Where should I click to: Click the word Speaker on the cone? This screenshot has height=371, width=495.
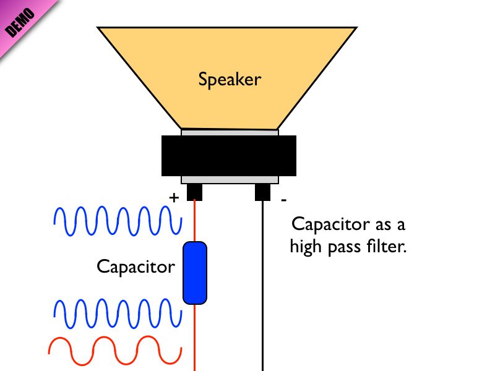[x=230, y=80]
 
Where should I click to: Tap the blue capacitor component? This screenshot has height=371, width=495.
[x=194, y=273]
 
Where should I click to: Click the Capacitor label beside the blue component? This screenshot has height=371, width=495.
[x=136, y=267]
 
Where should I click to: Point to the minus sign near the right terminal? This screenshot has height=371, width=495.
[x=284, y=200]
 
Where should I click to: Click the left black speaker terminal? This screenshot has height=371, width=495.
[x=194, y=192]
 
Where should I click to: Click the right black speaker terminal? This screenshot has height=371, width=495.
[x=263, y=192]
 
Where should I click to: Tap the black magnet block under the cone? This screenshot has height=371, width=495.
[x=228, y=156]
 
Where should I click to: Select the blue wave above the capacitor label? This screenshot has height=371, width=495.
[x=114, y=221]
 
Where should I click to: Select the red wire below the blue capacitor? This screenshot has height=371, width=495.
[x=195, y=337]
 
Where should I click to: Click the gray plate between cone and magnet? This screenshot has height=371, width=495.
[x=230, y=132]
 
